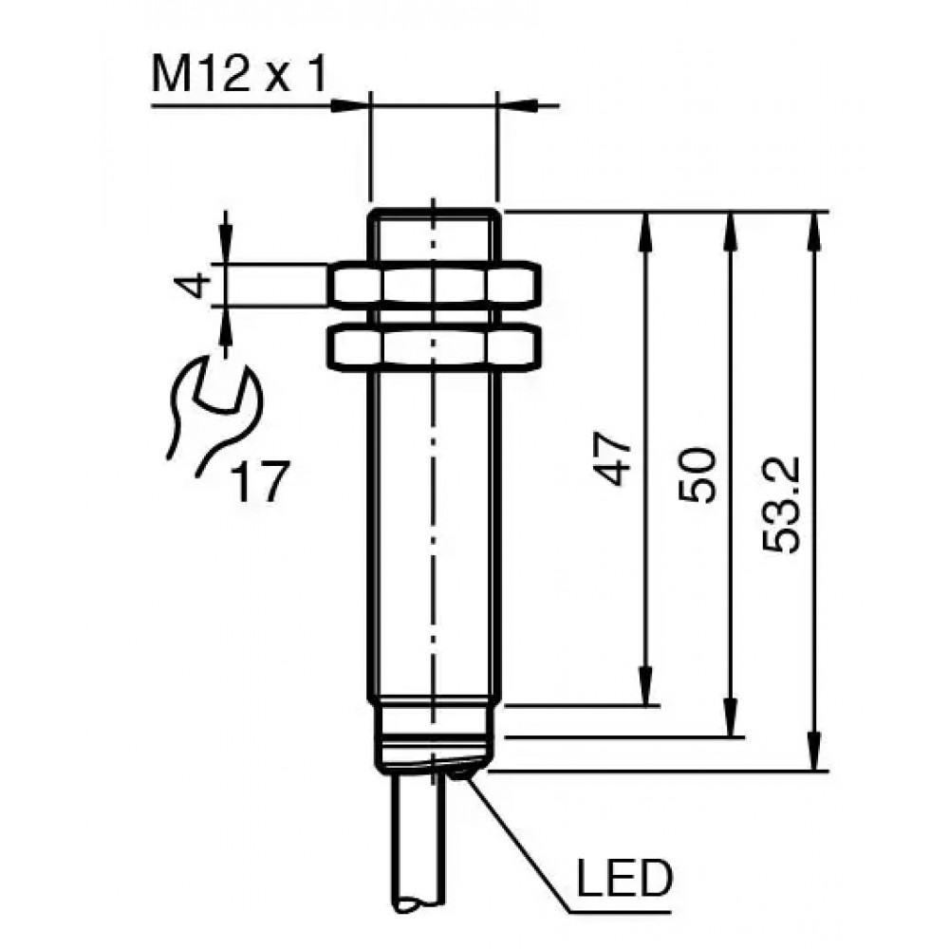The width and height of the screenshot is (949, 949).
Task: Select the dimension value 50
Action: [x=698, y=475]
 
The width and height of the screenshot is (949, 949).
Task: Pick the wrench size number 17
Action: [x=260, y=481]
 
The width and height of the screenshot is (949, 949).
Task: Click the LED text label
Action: [x=624, y=878]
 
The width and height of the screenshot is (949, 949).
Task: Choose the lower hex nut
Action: [x=434, y=346]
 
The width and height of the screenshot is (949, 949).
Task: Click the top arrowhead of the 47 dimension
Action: [x=647, y=231]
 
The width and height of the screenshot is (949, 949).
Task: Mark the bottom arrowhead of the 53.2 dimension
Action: [x=814, y=753]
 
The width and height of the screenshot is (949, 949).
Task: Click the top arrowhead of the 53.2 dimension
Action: [x=814, y=231]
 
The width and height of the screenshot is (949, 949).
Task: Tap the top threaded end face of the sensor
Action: [x=434, y=212]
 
